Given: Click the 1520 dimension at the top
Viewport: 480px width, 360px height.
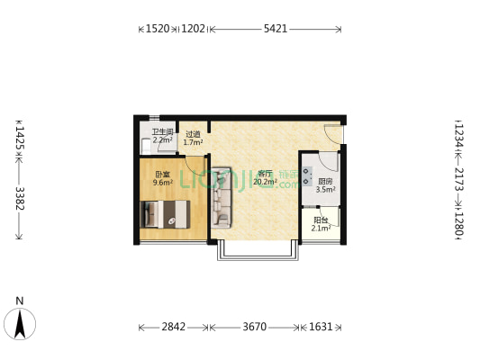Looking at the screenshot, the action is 158,29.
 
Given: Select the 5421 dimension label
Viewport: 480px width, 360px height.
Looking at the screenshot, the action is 276,29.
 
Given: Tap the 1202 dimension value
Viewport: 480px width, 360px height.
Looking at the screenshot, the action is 193,29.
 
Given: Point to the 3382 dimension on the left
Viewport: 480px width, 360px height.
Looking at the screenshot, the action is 20,198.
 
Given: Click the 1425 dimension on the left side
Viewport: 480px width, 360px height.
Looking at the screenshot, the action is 20,139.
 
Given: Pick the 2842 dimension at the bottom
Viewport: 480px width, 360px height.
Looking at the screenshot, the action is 174,327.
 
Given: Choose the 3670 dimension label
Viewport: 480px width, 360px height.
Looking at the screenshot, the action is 255,327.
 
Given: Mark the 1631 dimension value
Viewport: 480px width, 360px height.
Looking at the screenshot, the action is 321,327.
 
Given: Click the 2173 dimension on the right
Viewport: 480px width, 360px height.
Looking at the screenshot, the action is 458,179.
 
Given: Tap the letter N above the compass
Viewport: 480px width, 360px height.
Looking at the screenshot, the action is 20,301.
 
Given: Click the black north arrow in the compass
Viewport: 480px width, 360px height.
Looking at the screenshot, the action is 20,324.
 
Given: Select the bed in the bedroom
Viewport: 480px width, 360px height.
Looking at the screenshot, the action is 165,214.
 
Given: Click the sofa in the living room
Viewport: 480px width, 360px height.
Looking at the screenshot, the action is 221,198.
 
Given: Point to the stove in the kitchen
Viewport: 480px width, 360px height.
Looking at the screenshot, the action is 307,176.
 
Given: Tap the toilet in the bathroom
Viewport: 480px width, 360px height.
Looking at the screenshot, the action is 146,146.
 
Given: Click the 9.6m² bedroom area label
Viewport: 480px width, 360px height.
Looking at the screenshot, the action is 163,183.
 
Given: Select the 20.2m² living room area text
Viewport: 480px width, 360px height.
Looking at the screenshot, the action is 265,182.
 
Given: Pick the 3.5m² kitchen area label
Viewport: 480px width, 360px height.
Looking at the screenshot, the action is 325,189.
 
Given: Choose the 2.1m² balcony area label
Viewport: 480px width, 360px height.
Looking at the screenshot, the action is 321,228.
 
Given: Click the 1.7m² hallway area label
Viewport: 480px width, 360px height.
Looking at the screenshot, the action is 193,142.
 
